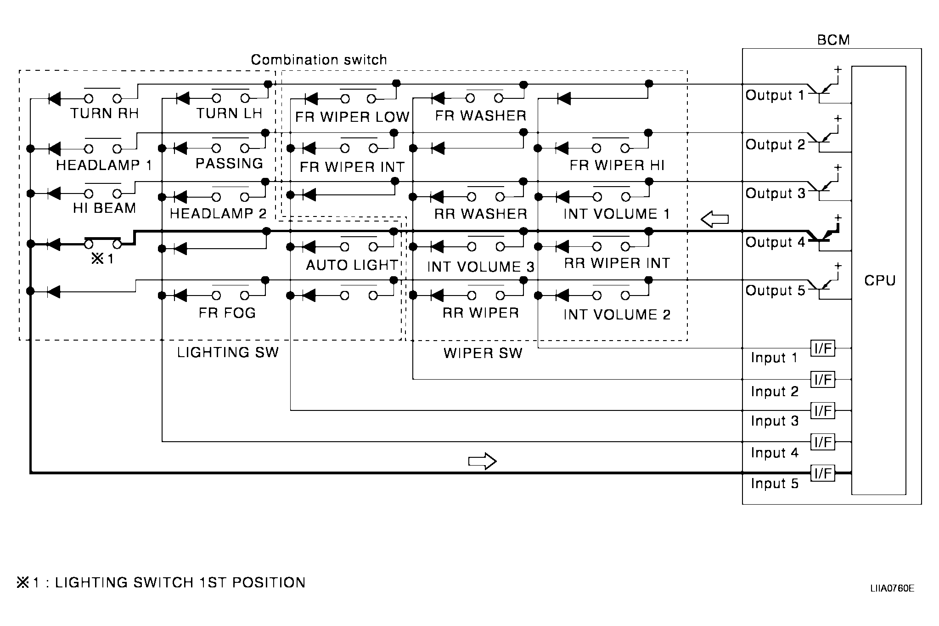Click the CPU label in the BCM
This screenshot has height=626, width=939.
point(879,280)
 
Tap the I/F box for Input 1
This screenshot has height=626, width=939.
point(823,348)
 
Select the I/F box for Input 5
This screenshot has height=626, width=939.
point(823,473)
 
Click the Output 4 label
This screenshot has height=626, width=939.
point(775,242)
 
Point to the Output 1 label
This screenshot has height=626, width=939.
point(775,95)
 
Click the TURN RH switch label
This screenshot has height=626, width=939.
point(104,114)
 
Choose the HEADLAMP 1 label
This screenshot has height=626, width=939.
point(104,165)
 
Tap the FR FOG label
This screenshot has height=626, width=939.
point(227,313)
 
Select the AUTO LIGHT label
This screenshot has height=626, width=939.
point(352,265)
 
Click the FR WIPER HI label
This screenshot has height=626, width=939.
point(617,165)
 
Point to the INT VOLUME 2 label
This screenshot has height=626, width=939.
point(617,315)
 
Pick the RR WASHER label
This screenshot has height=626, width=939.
point(480,214)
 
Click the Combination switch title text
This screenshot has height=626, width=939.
point(319,60)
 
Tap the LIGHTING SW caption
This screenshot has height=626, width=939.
point(228,353)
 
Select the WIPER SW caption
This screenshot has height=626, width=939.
point(483,353)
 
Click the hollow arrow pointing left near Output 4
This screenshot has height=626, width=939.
point(714,219)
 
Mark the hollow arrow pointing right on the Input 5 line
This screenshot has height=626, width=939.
point(482,461)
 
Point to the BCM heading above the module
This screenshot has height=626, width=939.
point(833,40)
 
